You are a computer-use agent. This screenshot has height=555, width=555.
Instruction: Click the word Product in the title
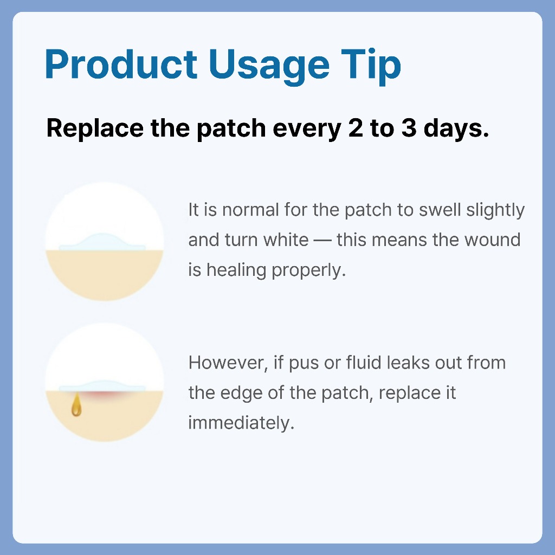[x=121, y=64]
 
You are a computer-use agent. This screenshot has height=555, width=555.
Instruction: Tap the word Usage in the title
[x=269, y=67]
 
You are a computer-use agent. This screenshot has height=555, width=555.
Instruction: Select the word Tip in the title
[x=371, y=67]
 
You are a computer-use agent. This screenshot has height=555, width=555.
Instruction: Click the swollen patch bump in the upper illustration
[x=102, y=242]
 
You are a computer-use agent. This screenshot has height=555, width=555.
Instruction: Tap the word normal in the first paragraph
[x=250, y=210]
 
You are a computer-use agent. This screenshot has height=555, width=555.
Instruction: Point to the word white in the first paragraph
[x=286, y=240]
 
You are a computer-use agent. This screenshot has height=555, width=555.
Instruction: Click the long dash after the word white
[x=322, y=241]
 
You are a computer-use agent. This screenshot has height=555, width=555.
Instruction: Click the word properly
[x=308, y=270]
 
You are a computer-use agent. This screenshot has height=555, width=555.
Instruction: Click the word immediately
[x=241, y=423]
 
